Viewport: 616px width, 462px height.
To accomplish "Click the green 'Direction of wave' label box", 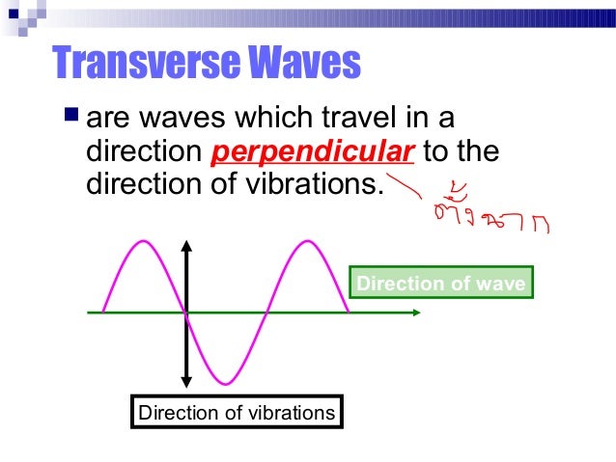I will [440, 284].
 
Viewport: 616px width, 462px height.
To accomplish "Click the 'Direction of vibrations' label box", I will [237, 413].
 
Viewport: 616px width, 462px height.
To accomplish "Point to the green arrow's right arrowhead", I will [416, 313].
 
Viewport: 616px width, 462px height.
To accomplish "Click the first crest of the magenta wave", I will [144, 242].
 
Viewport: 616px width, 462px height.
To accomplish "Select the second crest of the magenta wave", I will [308, 242].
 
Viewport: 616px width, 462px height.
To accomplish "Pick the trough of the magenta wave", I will [226, 383].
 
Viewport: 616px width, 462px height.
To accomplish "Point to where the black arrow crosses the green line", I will [185, 313].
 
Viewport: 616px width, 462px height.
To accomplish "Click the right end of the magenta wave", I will [349, 311].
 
